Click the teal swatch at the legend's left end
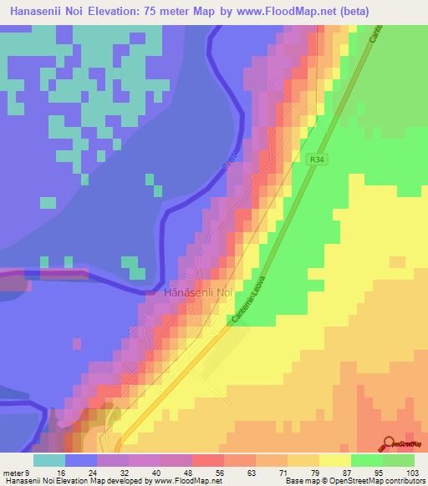[49, 459]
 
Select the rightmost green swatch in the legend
[399, 459]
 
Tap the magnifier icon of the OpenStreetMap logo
[388, 443]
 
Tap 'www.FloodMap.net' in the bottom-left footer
[181, 481]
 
